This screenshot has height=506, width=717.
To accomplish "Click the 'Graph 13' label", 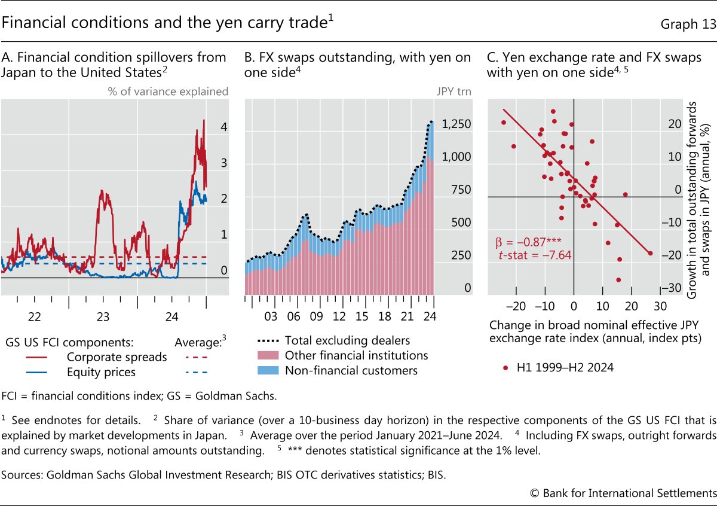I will coord(688,24).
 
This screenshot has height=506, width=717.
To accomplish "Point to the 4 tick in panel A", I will coord(223,127).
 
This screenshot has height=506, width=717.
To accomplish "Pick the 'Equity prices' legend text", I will coord(101,372).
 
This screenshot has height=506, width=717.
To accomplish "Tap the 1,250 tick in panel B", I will coord(456,124).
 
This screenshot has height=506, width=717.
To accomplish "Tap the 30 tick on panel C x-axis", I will coord(660,306).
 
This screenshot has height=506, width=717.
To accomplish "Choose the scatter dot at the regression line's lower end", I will coord(650,253).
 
